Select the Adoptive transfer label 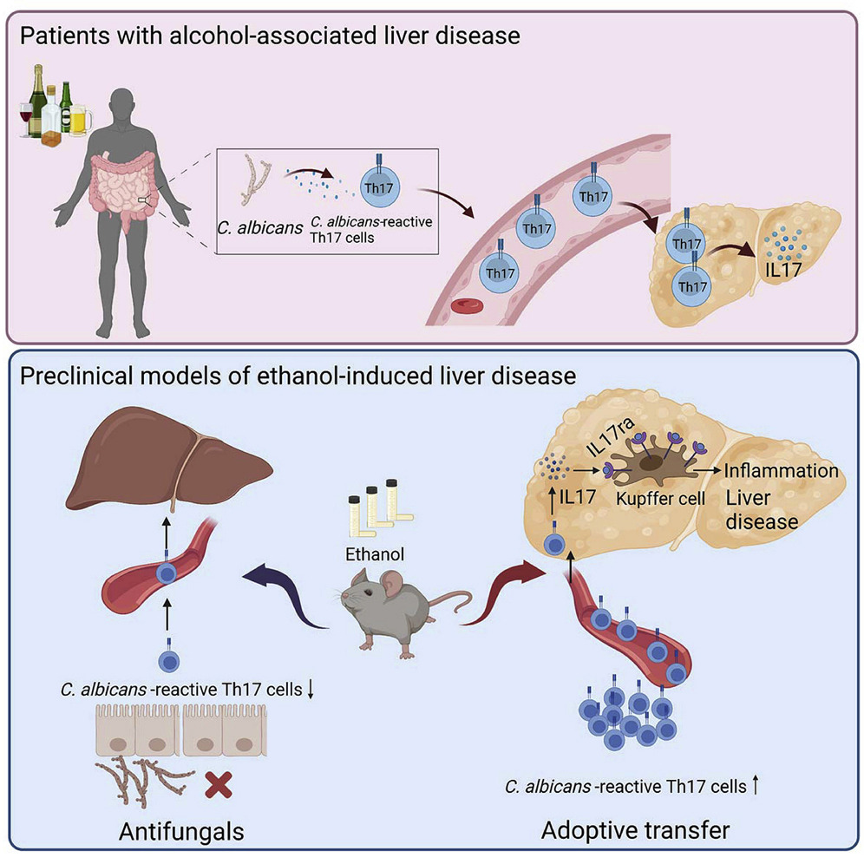click(635, 830)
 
